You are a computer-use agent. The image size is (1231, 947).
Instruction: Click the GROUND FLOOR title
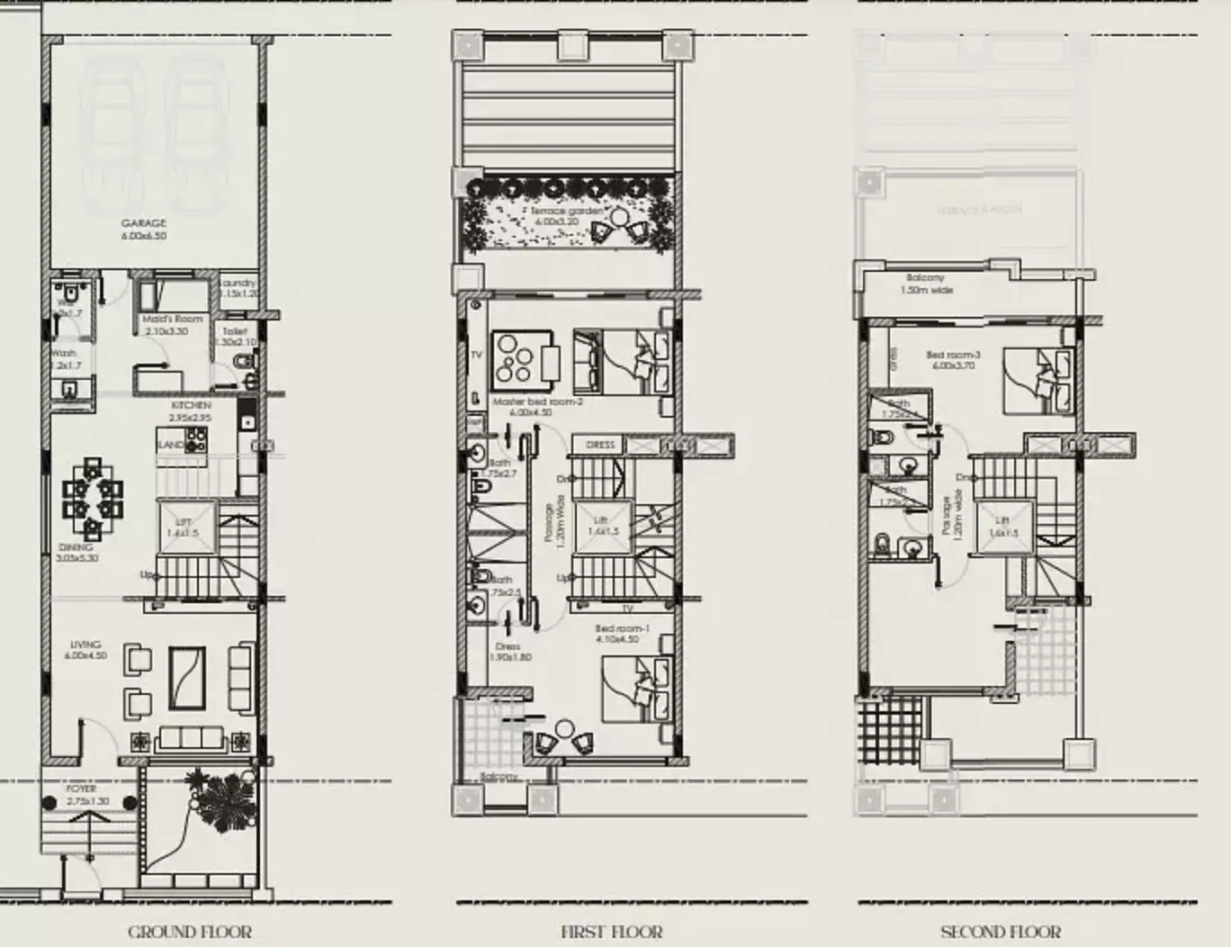coord(190,932)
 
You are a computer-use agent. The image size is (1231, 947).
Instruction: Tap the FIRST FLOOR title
coord(611,932)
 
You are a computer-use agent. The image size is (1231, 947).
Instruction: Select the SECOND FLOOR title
coord(1000,932)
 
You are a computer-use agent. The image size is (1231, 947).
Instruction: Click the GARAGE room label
coord(144,223)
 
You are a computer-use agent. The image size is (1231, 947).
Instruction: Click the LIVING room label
coord(85,645)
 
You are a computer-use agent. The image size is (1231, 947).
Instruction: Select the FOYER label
coord(82,789)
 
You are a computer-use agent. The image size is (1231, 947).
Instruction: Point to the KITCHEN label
coord(191,406)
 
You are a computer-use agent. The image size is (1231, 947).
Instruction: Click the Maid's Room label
coord(172,320)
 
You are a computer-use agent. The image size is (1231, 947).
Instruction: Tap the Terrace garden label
coord(566,211)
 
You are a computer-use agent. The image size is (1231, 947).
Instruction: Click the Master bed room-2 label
coord(537,401)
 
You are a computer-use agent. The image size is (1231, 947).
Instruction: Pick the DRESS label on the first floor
coord(600,445)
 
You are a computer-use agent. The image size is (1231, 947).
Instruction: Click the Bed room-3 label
coord(953,356)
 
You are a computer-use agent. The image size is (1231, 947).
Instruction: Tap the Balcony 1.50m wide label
coord(925,279)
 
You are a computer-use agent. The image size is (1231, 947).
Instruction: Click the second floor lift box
coord(1002,526)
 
